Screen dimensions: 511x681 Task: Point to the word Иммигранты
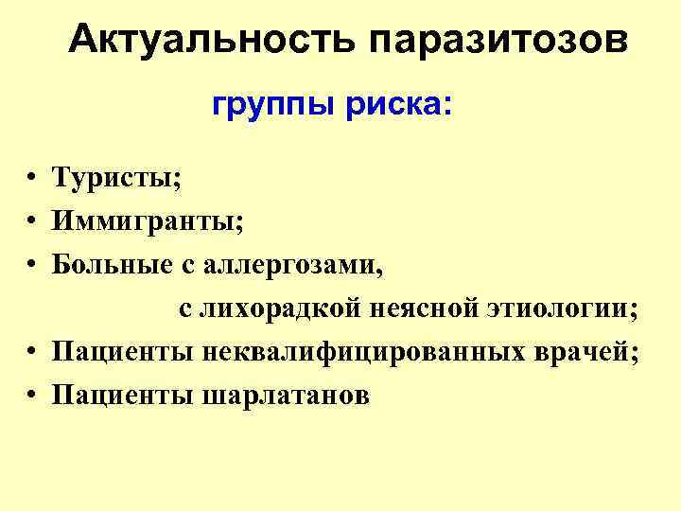(x=148, y=221)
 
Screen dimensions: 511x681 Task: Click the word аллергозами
(x=289, y=265)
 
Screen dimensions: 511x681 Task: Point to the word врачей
(x=593, y=352)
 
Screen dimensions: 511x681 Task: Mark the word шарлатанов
(x=286, y=396)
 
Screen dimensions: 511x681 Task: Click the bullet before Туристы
(x=32, y=178)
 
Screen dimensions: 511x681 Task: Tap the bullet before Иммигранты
(x=32, y=221)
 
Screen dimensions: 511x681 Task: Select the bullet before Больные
(x=32, y=265)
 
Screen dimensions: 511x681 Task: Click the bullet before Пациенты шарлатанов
(x=32, y=396)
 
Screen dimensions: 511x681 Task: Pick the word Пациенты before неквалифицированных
(x=122, y=352)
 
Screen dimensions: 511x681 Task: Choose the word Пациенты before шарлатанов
(x=122, y=396)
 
